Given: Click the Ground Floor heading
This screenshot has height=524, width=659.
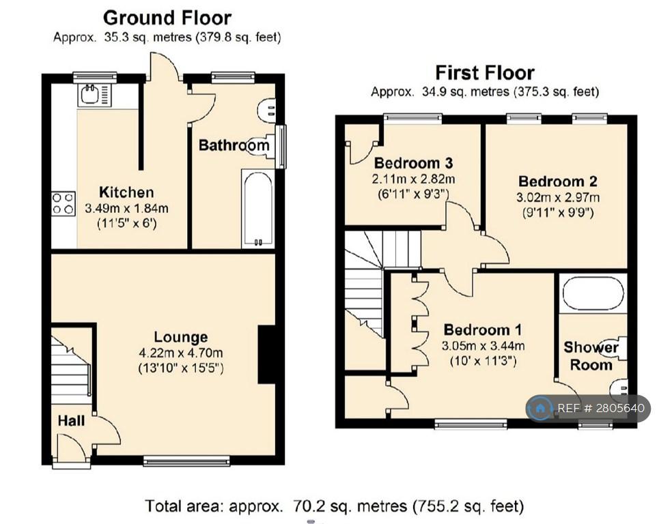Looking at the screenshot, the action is click(167, 18).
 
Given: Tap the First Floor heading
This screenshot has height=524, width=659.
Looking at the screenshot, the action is click(485, 72).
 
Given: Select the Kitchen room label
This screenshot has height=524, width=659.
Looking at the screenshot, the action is click(126, 192).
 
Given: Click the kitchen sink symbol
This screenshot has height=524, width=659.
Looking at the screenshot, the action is click(94, 94).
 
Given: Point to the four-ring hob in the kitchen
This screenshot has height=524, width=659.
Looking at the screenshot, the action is click(64, 203).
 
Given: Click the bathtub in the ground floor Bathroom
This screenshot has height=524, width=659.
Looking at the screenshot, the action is click(257, 208).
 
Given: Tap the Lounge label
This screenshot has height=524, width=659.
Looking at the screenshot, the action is click(181, 337).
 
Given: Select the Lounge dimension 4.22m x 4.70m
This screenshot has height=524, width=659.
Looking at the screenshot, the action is click(181, 353).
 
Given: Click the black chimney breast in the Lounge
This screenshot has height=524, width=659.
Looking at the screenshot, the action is click(266, 354).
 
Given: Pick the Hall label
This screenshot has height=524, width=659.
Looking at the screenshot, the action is click(71, 421).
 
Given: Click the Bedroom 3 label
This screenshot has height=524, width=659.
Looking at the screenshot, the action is click(413, 162).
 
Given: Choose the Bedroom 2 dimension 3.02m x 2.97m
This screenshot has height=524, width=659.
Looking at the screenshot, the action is click(558, 197).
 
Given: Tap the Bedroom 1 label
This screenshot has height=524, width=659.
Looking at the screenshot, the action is click(483, 330).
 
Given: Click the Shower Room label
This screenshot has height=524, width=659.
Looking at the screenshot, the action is click(591, 356).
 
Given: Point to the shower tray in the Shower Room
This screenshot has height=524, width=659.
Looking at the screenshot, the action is click(593, 293).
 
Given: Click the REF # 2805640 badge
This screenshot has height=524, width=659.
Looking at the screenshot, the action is click(588, 408).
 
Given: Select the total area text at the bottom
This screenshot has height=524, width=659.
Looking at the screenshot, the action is click(334, 506).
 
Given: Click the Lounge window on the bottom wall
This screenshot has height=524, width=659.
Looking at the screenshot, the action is click(186, 461).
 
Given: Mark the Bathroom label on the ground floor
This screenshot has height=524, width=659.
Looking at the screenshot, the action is click(234, 145).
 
